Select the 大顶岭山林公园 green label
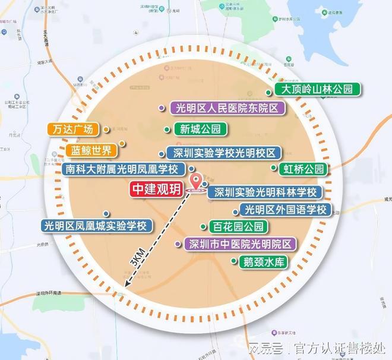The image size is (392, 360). coord(321,90)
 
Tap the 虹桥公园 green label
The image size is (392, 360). coord(303,169)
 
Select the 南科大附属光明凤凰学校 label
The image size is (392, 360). coord(124,169)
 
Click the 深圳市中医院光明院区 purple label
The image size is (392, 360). coord(240,244)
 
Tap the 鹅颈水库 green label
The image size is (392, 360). coord(264,261)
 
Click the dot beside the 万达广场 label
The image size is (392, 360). coord(105,128)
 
